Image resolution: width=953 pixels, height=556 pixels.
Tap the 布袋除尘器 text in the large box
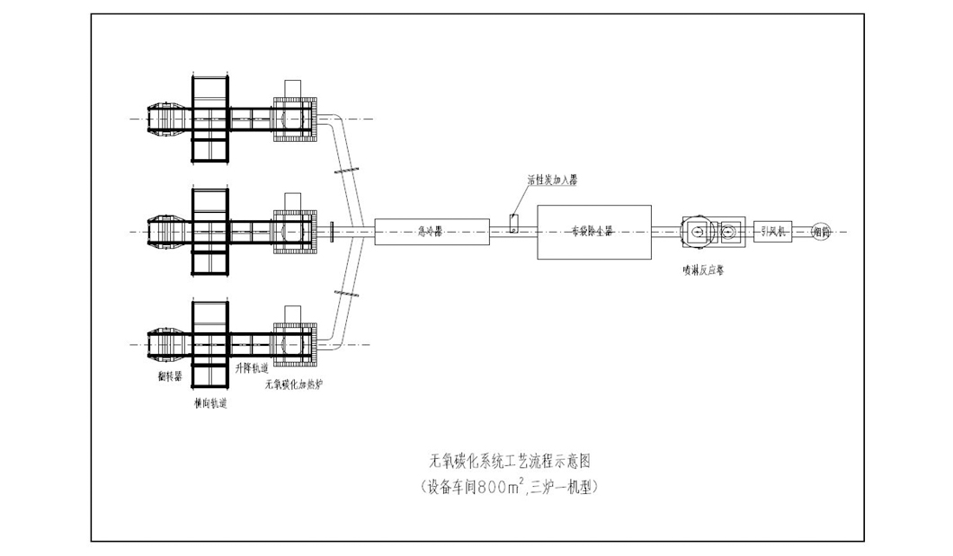tap(593, 232)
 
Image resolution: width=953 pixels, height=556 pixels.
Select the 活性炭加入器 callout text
tap(552, 180)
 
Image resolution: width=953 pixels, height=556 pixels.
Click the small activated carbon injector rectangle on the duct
tap(512, 224)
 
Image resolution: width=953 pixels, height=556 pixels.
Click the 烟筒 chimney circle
tap(822, 232)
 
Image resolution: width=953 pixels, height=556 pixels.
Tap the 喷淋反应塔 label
tap(703, 269)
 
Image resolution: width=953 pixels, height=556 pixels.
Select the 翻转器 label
tap(169, 375)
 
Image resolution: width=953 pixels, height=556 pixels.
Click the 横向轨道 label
tap(210, 403)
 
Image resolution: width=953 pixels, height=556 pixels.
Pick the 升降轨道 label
tap(251, 368)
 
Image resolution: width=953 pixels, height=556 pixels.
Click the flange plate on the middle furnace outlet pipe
tap(332, 232)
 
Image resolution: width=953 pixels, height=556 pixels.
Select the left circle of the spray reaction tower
tap(698, 232)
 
